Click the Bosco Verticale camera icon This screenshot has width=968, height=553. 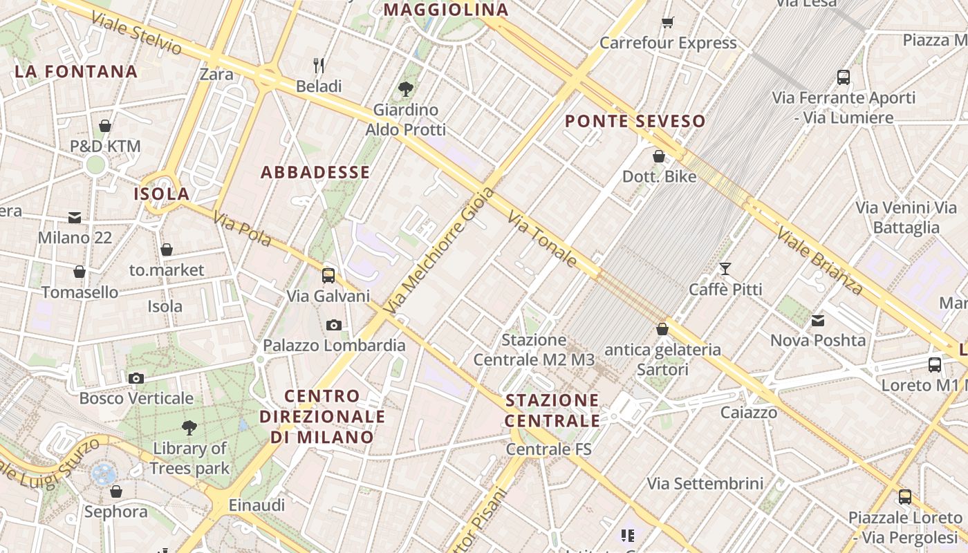pyautogui.click(x=136, y=378)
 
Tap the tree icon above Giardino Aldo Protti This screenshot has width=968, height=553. pyautogui.click(x=406, y=88)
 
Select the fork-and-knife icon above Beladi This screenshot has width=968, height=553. pyautogui.click(x=319, y=66)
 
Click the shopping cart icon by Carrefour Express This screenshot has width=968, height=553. pyautogui.click(x=667, y=23)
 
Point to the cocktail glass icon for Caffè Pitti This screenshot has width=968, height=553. pyautogui.click(x=725, y=269)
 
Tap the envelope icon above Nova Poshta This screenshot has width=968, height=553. pyautogui.click(x=818, y=320)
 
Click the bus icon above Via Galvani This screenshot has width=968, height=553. pyautogui.click(x=328, y=276)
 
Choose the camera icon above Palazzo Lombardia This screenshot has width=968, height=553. pyautogui.click(x=334, y=325)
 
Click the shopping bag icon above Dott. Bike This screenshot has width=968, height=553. pyautogui.click(x=659, y=156)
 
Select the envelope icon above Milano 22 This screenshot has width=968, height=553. pyautogui.click(x=75, y=218)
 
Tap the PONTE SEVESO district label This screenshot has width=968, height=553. pyautogui.click(x=635, y=122)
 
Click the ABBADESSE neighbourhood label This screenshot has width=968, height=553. pyautogui.click(x=315, y=173)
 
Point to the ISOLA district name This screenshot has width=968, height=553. pyautogui.click(x=162, y=194)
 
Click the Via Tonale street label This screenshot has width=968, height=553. pyautogui.click(x=543, y=239)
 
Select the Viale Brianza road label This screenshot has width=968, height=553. pyautogui.click(x=819, y=260)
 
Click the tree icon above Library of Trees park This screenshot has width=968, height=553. pyautogui.click(x=189, y=428)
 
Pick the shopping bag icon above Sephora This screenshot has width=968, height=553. pyautogui.click(x=116, y=491)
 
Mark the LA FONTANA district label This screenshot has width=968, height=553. pyautogui.click(x=76, y=72)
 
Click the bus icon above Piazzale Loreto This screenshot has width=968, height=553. pyautogui.click(x=904, y=497)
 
